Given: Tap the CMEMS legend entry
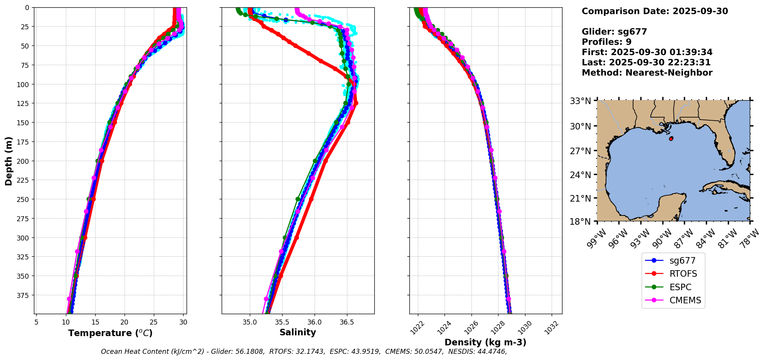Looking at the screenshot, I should pyautogui.click(x=685, y=301).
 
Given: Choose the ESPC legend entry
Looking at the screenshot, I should pyautogui.click(x=680, y=287).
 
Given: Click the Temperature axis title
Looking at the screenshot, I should pyautogui.click(x=110, y=333).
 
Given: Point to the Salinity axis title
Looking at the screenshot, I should pyautogui.click(x=298, y=333).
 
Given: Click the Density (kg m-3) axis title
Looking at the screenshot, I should pyautogui.click(x=485, y=342).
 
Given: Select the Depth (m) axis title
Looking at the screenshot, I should pyautogui.click(x=8, y=161).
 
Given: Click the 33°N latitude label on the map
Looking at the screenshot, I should pyautogui.click(x=581, y=101).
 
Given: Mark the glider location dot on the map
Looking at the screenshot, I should pyautogui.click(x=671, y=138).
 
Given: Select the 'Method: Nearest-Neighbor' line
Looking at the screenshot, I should pyautogui.click(x=647, y=73).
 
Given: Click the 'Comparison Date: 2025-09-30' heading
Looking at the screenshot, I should pyautogui.click(x=655, y=11).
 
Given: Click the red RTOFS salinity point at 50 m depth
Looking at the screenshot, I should pyautogui.click(x=295, y=45).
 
